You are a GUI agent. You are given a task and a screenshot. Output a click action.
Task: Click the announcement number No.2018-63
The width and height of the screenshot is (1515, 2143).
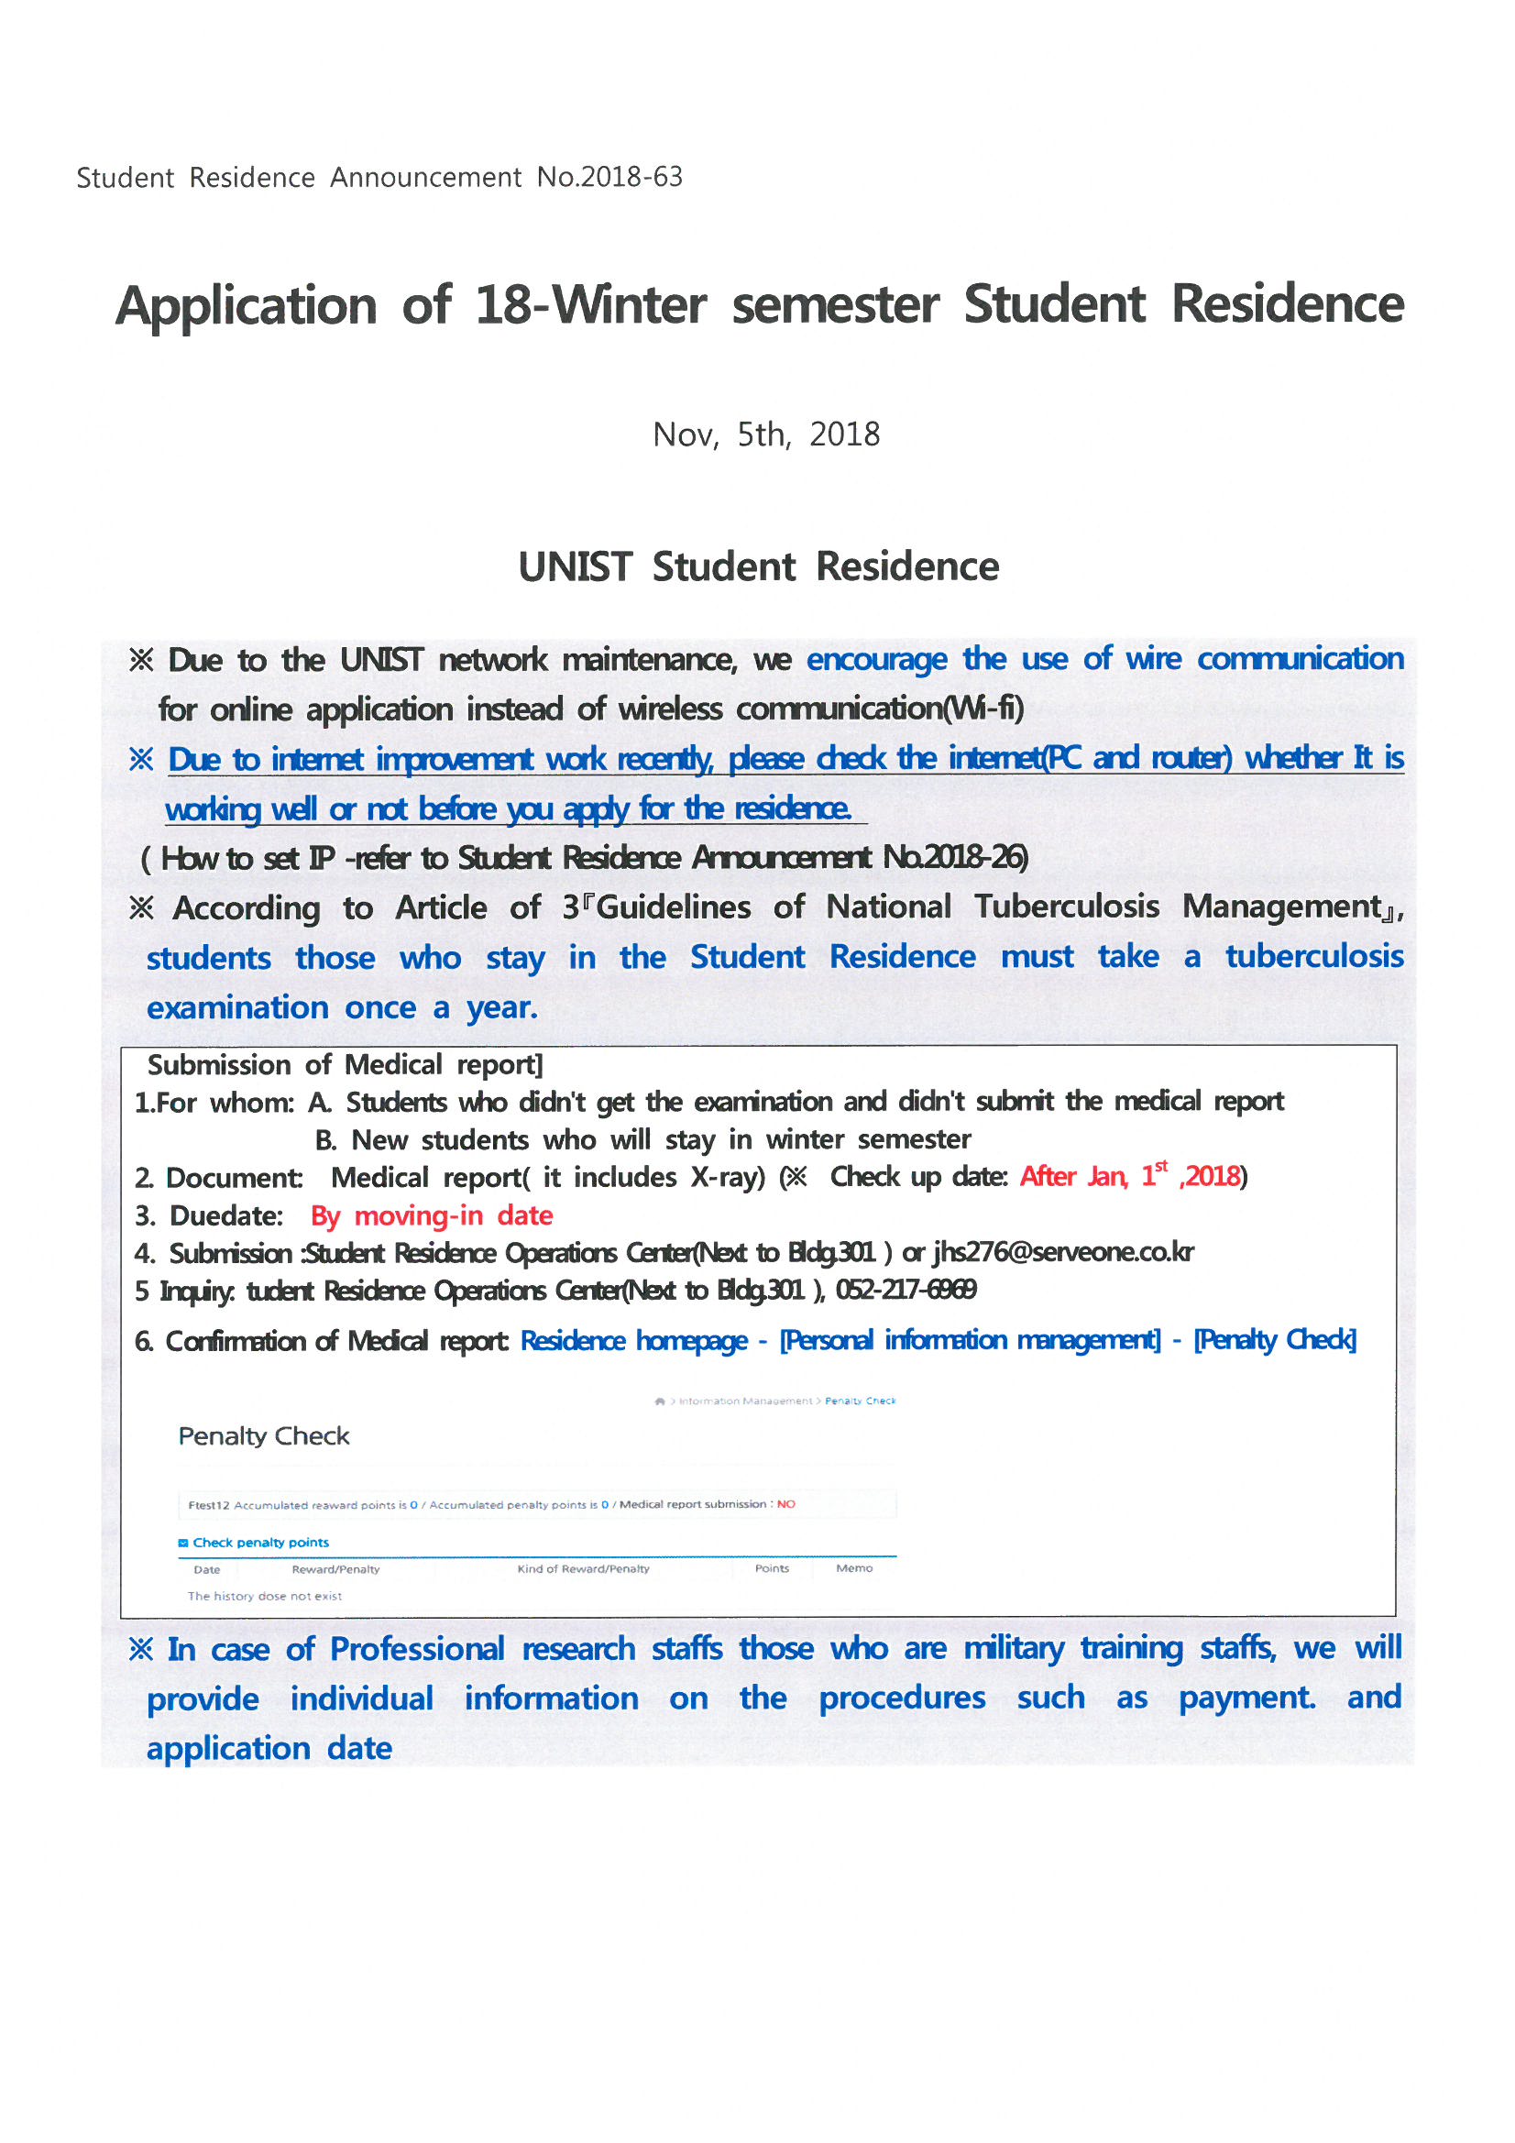point(609,177)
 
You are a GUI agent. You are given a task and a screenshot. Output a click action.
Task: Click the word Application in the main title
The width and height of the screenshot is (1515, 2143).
point(247,306)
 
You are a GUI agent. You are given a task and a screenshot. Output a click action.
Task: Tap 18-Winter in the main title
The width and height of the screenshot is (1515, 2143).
point(590,305)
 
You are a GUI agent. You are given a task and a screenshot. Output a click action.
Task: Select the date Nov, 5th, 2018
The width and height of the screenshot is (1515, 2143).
point(765,435)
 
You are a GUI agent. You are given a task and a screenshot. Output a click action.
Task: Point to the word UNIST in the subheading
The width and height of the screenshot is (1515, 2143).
point(575,567)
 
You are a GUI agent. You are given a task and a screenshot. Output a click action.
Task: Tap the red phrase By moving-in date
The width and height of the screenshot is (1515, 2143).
point(432,1215)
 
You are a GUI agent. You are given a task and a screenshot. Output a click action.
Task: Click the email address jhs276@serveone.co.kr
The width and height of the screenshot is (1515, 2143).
point(1063,1253)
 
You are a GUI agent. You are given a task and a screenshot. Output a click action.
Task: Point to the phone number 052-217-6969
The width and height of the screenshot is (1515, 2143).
point(906,1290)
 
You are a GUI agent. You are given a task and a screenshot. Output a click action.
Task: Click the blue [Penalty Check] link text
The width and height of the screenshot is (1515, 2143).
point(1274,1340)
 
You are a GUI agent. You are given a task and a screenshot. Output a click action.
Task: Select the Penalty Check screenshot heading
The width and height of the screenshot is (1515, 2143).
point(264,1436)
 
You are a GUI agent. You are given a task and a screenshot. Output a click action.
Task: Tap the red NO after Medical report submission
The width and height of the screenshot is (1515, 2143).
point(786,1504)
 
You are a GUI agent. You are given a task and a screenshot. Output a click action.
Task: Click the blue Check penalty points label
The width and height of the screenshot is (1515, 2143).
point(260,1543)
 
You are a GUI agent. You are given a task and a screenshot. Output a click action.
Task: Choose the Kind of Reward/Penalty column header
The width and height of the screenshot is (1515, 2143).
point(584,1569)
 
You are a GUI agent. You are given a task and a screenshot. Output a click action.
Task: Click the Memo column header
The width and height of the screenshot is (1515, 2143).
point(854,1568)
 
